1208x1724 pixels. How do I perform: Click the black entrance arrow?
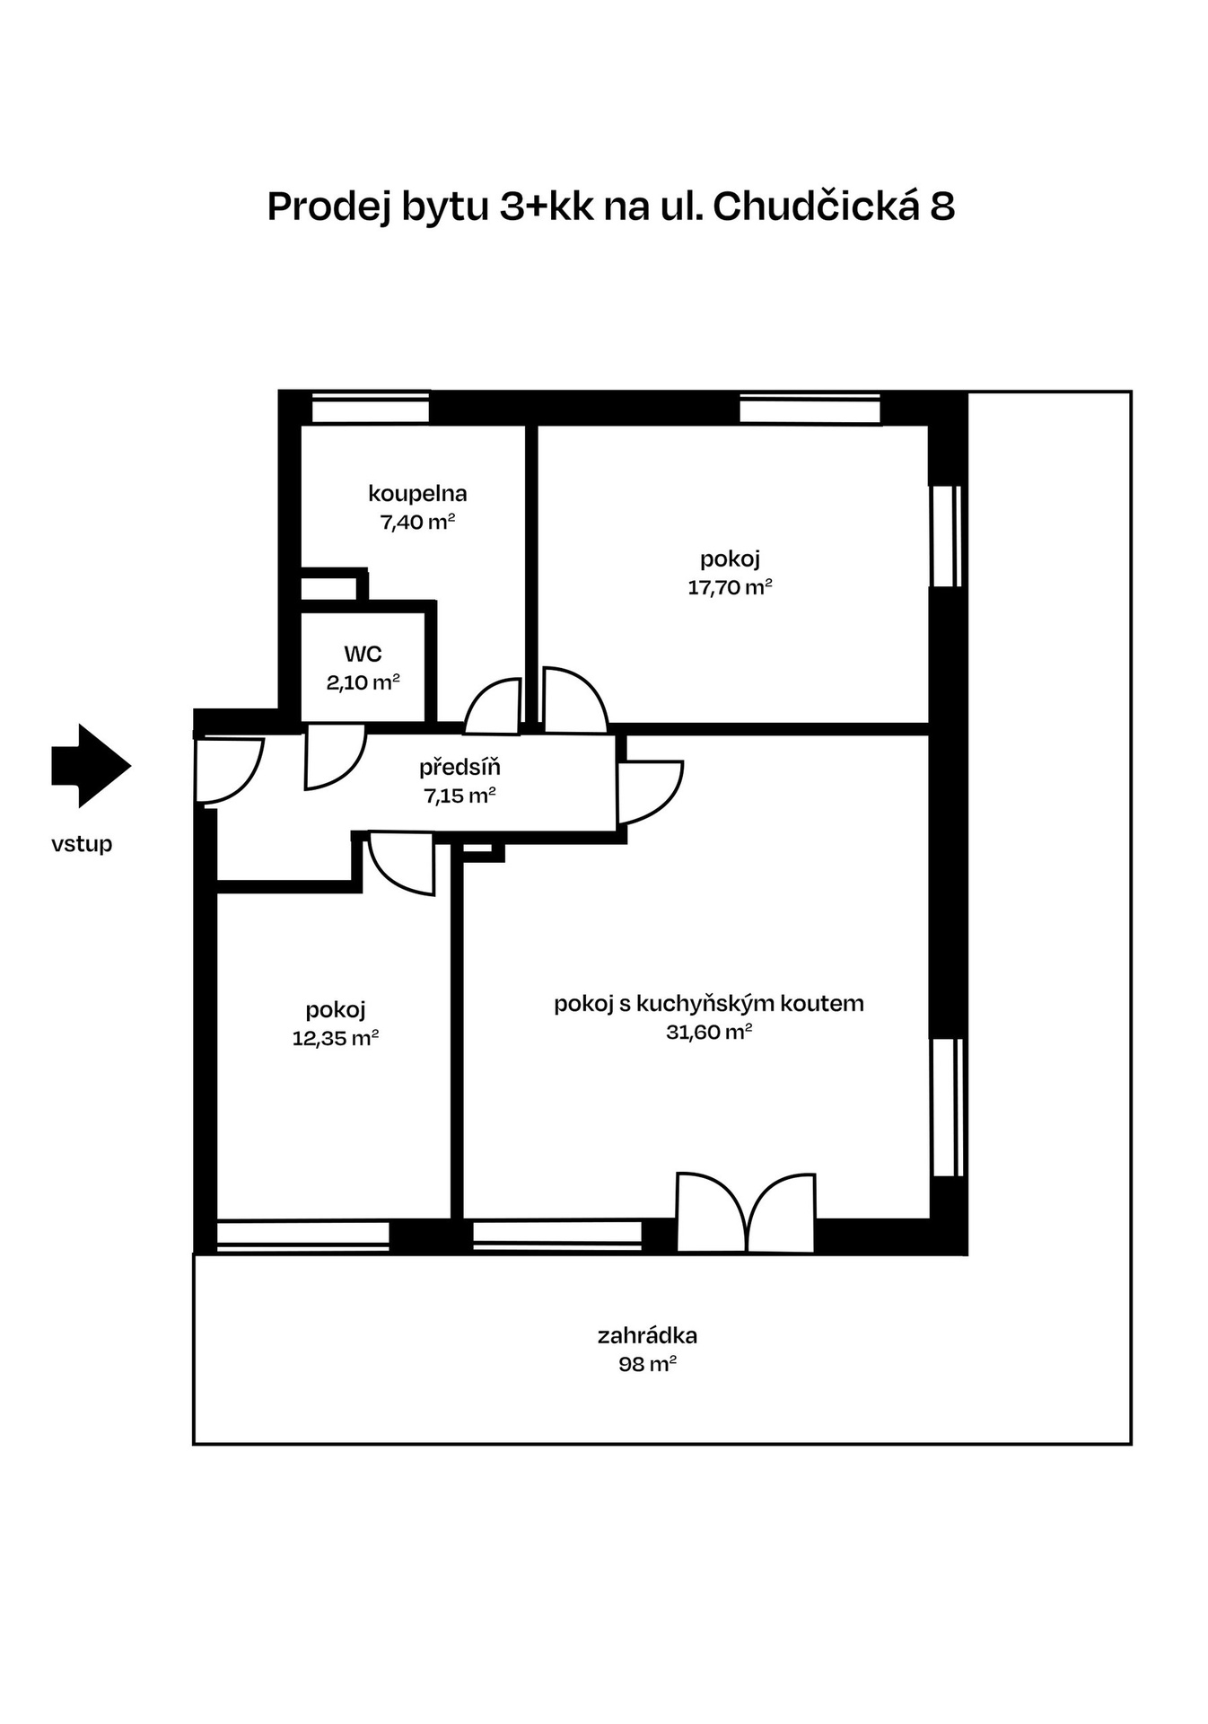click(x=91, y=765)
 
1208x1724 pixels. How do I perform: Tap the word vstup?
click(x=82, y=844)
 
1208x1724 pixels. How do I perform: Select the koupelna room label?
click(x=417, y=493)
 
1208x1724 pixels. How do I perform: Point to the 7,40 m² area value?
click(x=417, y=522)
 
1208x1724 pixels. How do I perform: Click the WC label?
click(x=363, y=654)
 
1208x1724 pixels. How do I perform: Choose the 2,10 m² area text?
click(x=363, y=682)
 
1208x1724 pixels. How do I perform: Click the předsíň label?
click(x=460, y=768)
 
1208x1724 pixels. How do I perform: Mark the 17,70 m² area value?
click(x=730, y=587)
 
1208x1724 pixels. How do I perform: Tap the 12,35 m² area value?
click(x=335, y=1038)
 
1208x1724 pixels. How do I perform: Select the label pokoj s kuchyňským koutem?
click(x=708, y=1003)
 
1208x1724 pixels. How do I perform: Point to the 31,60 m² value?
click(x=708, y=1032)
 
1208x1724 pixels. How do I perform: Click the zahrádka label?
click(x=647, y=1335)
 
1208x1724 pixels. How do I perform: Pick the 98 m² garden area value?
click(x=647, y=1364)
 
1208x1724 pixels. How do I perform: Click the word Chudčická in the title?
click(x=817, y=207)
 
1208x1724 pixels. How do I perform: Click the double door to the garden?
click(x=746, y=1213)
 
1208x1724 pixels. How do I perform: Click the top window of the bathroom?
click(x=370, y=409)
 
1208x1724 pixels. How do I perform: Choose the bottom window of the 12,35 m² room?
click(x=303, y=1235)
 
